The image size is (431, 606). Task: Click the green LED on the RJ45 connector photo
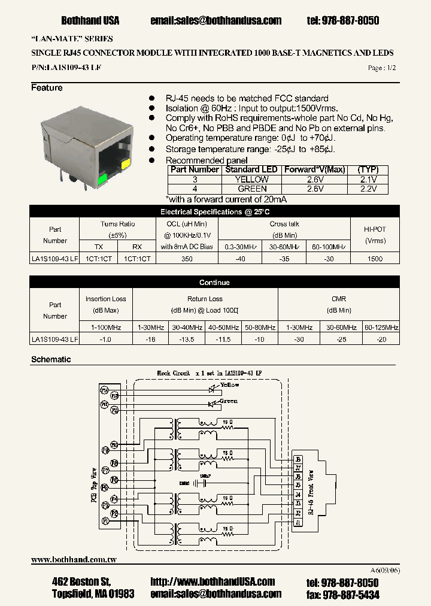(102, 178)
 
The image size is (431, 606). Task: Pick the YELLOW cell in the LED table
(251, 179)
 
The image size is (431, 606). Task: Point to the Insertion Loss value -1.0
(106, 340)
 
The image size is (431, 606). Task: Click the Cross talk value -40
(240, 259)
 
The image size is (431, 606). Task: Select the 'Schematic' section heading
(51, 359)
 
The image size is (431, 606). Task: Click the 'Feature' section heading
(47, 88)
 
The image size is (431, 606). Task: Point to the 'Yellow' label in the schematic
(229, 385)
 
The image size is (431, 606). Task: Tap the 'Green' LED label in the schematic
(228, 401)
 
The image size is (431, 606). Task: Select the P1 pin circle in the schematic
(105, 522)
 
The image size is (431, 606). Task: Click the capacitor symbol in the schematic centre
(204, 482)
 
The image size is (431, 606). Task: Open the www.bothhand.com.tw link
(74, 559)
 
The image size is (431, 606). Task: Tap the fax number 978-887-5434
(351, 595)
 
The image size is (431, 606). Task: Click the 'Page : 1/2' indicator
(382, 68)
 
